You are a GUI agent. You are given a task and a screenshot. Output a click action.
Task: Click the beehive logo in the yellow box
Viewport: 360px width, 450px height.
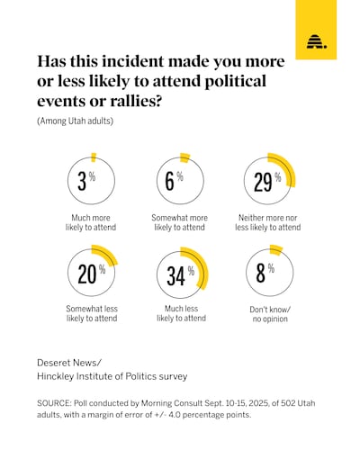pyautogui.click(x=317, y=41)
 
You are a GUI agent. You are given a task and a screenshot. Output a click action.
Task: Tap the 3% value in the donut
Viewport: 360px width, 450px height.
pyautogui.click(x=86, y=181)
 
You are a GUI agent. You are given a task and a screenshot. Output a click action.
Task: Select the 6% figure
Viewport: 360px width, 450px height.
pyautogui.click(x=174, y=181)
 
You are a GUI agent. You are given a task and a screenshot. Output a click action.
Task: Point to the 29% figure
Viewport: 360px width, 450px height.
pyautogui.click(x=267, y=182)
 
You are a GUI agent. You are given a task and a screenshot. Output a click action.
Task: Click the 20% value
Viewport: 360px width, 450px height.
pyautogui.click(x=92, y=274)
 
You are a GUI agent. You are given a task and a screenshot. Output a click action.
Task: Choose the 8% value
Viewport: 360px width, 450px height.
pyautogui.click(x=265, y=273)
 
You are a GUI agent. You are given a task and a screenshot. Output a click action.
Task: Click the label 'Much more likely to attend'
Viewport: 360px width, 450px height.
pyautogui.click(x=91, y=222)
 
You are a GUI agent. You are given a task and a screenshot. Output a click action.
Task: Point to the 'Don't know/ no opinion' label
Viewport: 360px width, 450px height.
pyautogui.click(x=270, y=314)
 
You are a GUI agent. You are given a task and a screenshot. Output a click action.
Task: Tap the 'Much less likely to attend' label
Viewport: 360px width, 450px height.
pyautogui.click(x=181, y=313)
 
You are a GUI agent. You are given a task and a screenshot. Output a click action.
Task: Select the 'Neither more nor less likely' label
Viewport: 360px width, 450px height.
pyautogui.click(x=268, y=222)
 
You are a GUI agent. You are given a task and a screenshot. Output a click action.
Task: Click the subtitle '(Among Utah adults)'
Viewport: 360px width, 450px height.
pyautogui.click(x=75, y=121)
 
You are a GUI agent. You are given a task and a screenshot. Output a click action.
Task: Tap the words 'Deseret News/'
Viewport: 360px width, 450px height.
pyautogui.click(x=69, y=363)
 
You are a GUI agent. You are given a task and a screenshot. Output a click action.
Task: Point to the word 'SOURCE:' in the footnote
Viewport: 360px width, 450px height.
pyautogui.click(x=54, y=403)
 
